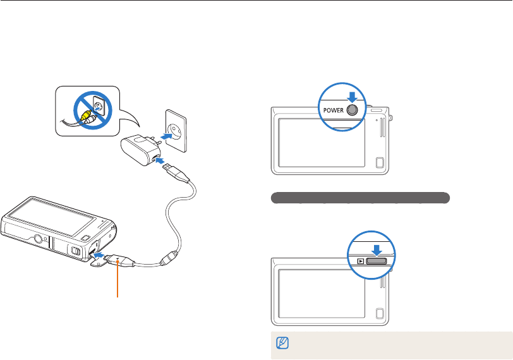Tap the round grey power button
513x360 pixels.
pos(353,109)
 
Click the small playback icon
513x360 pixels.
pos(359,260)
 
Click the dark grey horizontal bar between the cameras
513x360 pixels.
pos(359,198)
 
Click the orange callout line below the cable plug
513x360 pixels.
pos(118,284)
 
